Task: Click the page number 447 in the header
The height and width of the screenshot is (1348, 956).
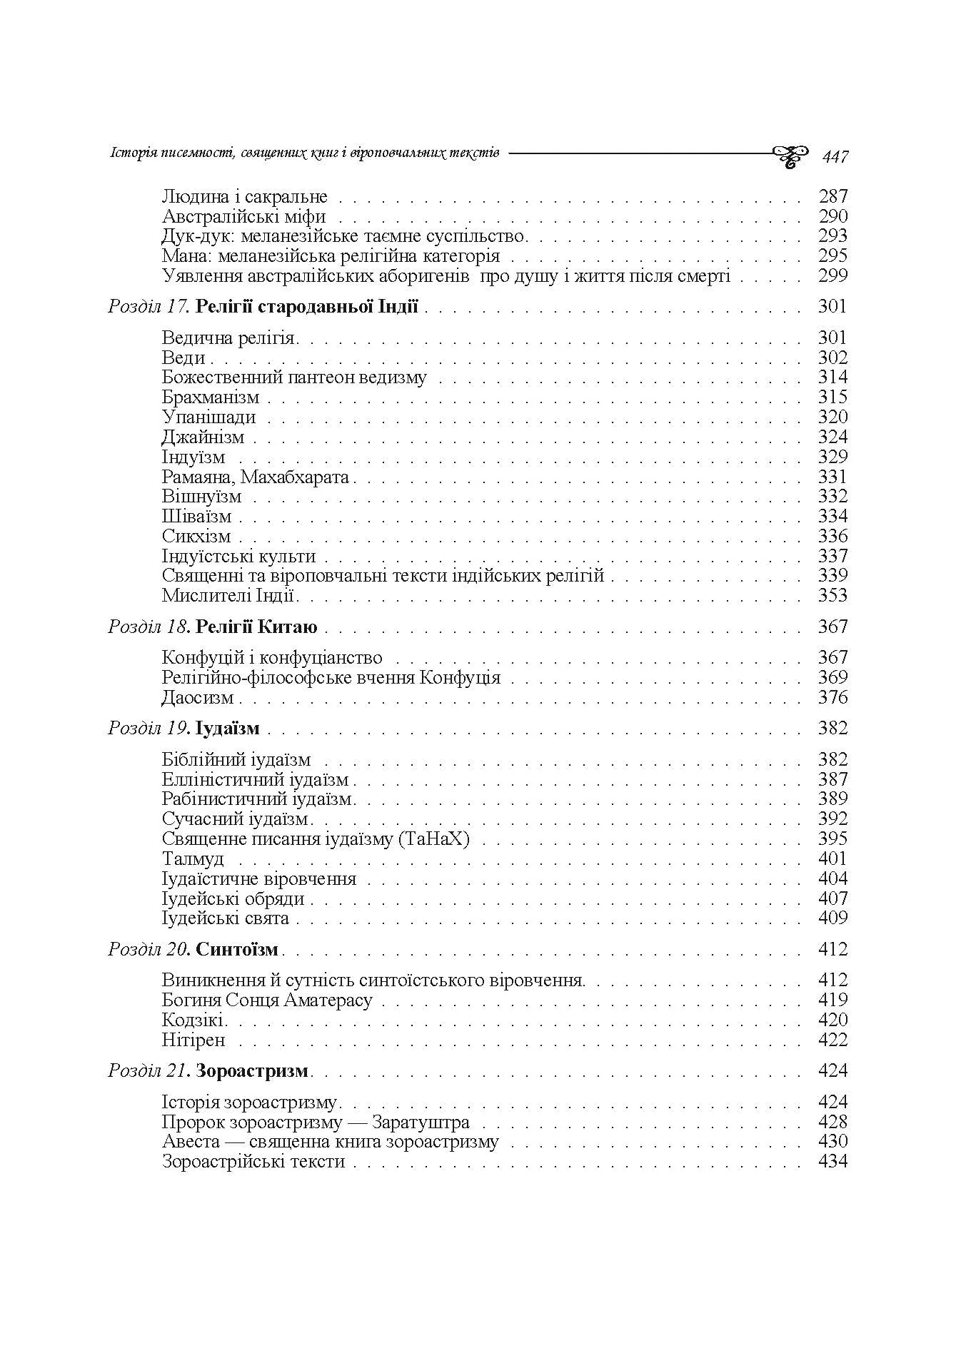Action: tap(835, 156)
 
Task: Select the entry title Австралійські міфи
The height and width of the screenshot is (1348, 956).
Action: tap(243, 216)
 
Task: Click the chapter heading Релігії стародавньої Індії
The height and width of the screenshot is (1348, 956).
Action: tap(306, 308)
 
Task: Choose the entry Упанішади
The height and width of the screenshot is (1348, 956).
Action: tap(208, 417)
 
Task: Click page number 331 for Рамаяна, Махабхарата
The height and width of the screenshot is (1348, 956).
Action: tap(832, 477)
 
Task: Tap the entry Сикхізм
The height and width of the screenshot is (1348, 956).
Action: tap(196, 537)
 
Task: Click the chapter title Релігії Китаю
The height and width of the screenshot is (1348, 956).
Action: tap(256, 627)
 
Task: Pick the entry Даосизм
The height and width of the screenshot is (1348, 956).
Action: tap(198, 698)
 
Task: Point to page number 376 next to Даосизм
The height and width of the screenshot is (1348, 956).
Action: tap(832, 697)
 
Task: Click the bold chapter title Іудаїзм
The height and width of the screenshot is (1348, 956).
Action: tap(227, 729)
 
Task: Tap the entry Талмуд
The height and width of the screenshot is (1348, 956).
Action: tap(193, 859)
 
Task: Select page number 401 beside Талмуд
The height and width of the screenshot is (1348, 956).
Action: tap(832, 858)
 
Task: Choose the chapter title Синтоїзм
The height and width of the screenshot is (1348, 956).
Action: tap(237, 950)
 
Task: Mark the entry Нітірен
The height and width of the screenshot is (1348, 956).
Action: tap(193, 1040)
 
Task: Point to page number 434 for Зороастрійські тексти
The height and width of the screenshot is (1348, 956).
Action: tap(832, 1162)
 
